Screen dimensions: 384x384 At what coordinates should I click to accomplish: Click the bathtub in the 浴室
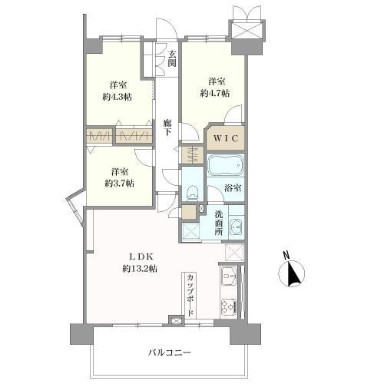pyautogui.click(x=225, y=167)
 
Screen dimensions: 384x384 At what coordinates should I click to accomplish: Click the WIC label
pyautogui.click(x=225, y=140)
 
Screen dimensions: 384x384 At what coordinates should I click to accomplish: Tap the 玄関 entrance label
pyautogui.click(x=172, y=58)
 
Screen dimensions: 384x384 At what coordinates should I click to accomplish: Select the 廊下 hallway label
pyautogui.click(x=167, y=127)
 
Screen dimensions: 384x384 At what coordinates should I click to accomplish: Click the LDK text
pyautogui.click(x=139, y=257)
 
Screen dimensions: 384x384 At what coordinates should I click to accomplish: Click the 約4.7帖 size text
pyautogui.click(x=214, y=93)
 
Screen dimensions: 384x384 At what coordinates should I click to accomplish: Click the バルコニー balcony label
pyautogui.click(x=170, y=353)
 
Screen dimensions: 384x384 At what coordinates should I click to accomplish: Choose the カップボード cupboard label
pyautogui.click(x=189, y=294)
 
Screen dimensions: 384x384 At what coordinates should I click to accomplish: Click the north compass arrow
pyautogui.click(x=293, y=273)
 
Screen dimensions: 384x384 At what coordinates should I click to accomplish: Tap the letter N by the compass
pyautogui.click(x=285, y=255)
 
